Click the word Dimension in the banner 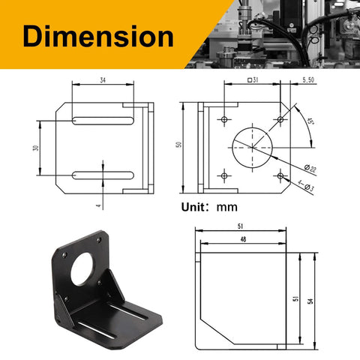[97, 36]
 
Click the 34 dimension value [102, 80]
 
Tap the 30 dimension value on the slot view [35, 148]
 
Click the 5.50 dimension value [308, 79]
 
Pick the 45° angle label [311, 119]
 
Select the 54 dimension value [310, 301]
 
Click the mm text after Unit [226, 208]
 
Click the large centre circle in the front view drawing [253, 146]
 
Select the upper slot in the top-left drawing [103, 120]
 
